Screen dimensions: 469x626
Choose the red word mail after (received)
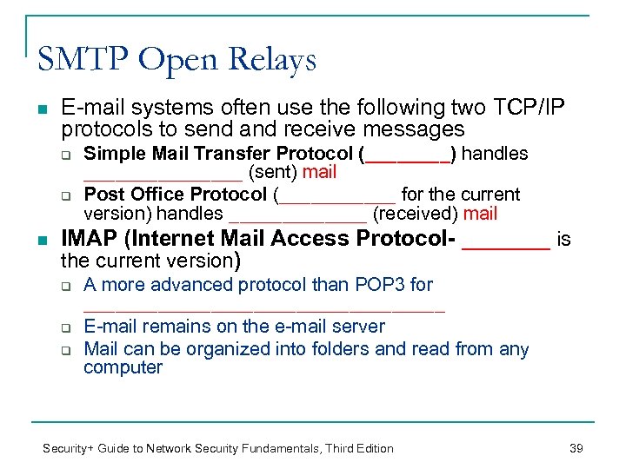[x=480, y=214]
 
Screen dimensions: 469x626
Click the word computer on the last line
[x=123, y=367]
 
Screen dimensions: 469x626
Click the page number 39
[x=575, y=448]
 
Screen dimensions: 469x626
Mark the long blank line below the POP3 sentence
[x=263, y=308]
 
